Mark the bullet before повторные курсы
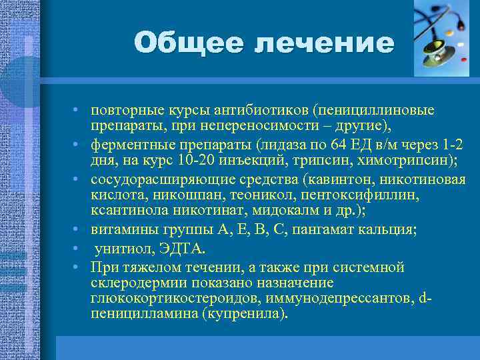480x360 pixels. (x=78, y=110)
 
